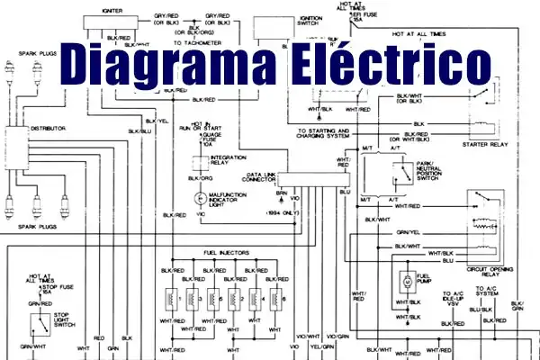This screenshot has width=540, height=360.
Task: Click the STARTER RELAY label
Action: (x=487, y=142)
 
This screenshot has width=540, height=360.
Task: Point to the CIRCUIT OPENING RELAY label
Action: (x=490, y=269)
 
